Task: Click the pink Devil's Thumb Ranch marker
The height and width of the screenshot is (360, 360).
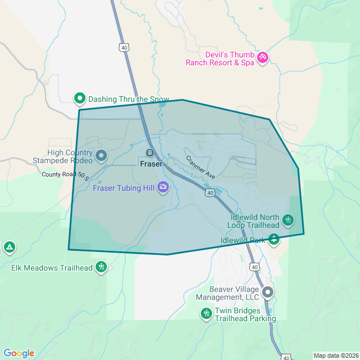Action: [x=262, y=57]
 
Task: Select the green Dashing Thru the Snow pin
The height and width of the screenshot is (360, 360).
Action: [x=80, y=98]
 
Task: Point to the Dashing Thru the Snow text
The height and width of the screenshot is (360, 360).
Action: [x=129, y=99]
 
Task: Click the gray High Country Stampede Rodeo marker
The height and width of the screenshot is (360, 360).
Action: [x=101, y=155]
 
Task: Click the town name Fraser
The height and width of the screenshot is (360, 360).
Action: [x=151, y=164]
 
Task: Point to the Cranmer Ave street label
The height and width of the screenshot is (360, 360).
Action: [x=201, y=167]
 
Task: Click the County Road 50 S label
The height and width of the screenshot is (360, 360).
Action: [x=66, y=175]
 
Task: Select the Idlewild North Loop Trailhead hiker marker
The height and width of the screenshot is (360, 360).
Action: [x=288, y=219]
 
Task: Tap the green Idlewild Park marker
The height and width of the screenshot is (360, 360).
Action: [x=274, y=239]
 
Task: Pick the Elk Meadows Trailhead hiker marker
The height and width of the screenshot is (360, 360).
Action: [x=101, y=266]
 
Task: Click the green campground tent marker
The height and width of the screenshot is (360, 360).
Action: [x=9, y=247]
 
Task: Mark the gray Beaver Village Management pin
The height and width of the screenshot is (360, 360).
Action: [x=268, y=292]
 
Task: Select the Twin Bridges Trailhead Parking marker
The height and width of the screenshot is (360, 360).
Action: [x=206, y=313]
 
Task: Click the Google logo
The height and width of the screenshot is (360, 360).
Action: [x=19, y=353]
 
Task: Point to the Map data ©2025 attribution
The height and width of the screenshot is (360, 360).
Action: [x=335, y=355]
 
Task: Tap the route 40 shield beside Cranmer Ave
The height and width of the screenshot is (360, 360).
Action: [x=210, y=193]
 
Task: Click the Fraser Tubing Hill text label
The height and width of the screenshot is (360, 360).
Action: [x=124, y=188]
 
